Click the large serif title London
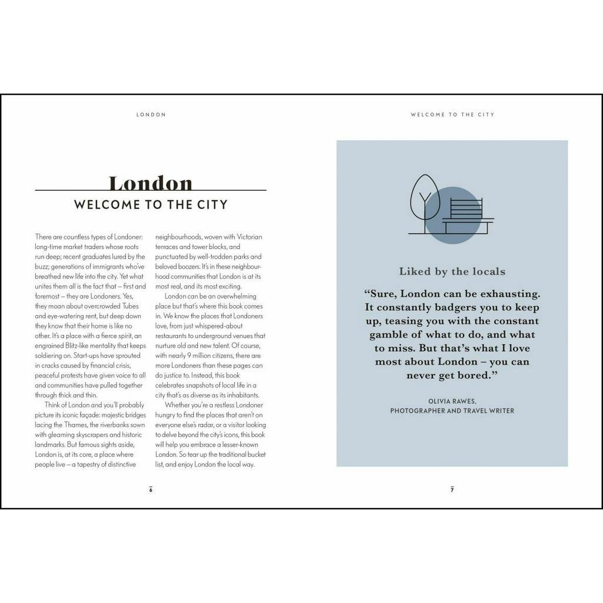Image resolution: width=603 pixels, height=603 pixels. tap(151, 183)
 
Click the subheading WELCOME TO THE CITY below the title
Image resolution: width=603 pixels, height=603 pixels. tap(151, 205)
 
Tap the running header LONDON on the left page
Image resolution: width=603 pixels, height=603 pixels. tap(151, 115)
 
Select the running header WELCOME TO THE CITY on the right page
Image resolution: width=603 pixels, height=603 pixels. tap(452, 115)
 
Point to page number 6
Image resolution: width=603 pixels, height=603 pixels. tap(151, 490)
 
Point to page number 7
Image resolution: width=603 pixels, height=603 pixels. tap(452, 490)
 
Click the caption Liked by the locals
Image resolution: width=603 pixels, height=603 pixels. tap(452, 271)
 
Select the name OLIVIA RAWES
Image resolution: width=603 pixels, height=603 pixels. tap(452, 401)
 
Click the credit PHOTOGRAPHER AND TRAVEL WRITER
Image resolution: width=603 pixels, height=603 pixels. tap(452, 411)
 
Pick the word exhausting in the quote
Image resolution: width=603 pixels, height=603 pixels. tap(510, 293)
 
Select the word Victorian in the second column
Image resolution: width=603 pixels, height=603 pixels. tap(249, 237)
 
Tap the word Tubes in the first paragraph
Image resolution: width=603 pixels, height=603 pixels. tap(130, 306)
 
